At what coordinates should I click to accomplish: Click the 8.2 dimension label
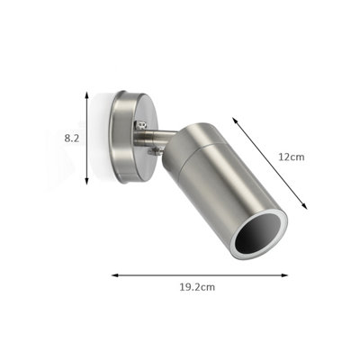72,139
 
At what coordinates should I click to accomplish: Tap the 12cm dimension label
292,157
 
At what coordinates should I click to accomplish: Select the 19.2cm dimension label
197,287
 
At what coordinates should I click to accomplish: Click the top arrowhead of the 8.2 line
86,94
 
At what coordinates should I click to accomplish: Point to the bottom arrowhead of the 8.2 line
86,181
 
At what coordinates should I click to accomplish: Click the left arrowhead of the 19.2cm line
115,275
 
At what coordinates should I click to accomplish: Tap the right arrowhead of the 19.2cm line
284,275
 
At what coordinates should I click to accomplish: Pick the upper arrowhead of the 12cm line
235,120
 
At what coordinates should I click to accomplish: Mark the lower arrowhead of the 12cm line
305,206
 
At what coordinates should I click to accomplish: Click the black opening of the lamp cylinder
258,235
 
